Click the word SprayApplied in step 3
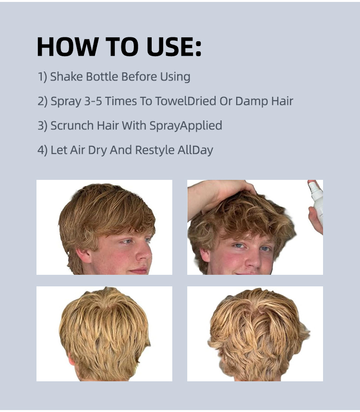click(x=186, y=126)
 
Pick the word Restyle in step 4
click(x=155, y=150)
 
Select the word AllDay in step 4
click(x=195, y=150)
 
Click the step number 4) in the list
click(x=42, y=150)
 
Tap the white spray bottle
click(x=317, y=200)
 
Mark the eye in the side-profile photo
click(x=126, y=241)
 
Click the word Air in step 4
click(x=77, y=150)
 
